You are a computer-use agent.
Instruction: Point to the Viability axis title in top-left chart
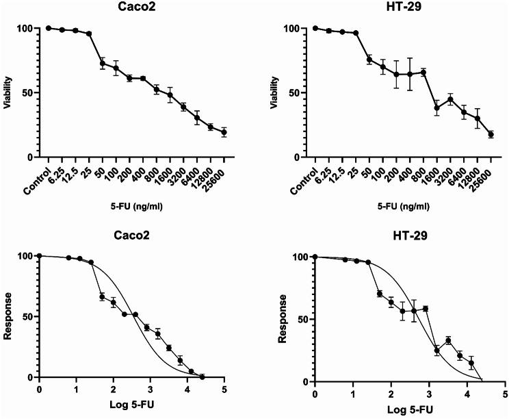click(x=7, y=92)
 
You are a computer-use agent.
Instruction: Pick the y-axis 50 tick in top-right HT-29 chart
click(x=292, y=93)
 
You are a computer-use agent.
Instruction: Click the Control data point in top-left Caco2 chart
click(x=49, y=28)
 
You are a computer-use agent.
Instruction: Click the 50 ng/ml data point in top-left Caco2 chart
click(x=103, y=63)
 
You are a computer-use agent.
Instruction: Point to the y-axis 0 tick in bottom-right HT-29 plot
click(x=305, y=381)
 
